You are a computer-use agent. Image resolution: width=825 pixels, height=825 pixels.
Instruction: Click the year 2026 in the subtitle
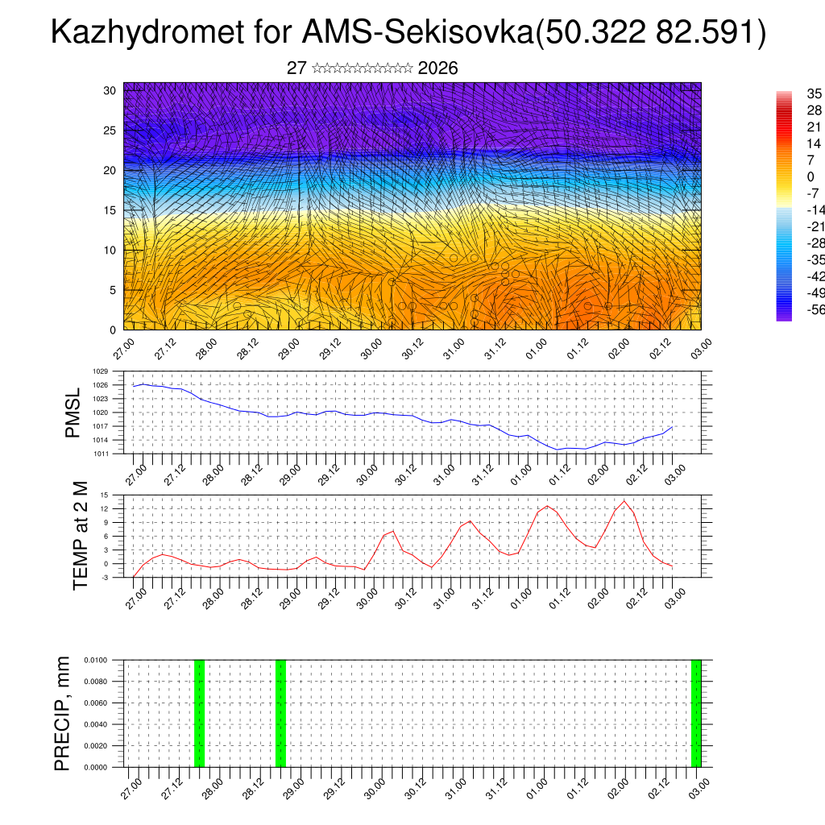[x=438, y=68]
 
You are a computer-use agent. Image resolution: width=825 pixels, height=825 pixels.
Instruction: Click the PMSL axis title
[x=73, y=412]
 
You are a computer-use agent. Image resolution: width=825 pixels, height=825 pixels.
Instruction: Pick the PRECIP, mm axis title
[x=63, y=713]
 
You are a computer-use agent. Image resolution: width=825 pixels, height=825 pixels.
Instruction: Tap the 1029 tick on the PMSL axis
[x=100, y=372]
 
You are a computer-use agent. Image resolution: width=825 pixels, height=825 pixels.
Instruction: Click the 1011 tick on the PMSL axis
[x=100, y=454]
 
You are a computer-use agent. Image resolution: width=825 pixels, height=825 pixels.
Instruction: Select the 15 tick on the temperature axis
[x=104, y=495]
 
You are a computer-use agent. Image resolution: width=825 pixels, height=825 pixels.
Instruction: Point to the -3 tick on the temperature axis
[x=104, y=577]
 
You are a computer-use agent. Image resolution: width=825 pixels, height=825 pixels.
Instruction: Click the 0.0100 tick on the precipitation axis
[x=96, y=660]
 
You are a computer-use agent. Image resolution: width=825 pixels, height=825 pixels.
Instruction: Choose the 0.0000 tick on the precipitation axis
[x=96, y=767]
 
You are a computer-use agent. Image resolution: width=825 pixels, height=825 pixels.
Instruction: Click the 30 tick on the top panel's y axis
[x=110, y=90]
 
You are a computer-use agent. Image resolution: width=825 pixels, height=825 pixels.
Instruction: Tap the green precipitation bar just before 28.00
[x=199, y=713]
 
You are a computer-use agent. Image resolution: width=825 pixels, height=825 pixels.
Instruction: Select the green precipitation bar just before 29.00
[x=280, y=713]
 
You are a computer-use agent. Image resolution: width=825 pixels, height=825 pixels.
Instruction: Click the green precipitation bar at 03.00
[x=696, y=713]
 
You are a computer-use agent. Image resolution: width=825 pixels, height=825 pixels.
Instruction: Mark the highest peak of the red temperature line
[x=624, y=501]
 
